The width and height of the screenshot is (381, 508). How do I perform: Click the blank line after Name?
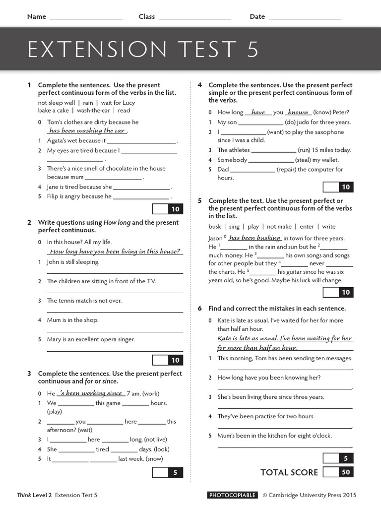coord(86,18)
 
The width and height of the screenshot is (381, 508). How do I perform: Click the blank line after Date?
coord(305,18)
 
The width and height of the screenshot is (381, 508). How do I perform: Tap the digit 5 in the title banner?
coord(252,50)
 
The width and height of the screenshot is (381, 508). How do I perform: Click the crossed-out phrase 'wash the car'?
coord(93,111)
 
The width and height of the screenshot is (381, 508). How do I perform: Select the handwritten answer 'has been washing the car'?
coord(87,131)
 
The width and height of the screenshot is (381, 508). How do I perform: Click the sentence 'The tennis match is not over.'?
coord(84,301)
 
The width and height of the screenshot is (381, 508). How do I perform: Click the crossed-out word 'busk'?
coord(215,227)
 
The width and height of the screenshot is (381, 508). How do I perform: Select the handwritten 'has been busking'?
coord(254,238)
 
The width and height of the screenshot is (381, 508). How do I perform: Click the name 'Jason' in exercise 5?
coord(216,239)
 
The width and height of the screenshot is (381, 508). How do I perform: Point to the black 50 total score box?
coord(346,472)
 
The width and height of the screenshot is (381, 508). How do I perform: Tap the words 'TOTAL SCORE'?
coord(289,473)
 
